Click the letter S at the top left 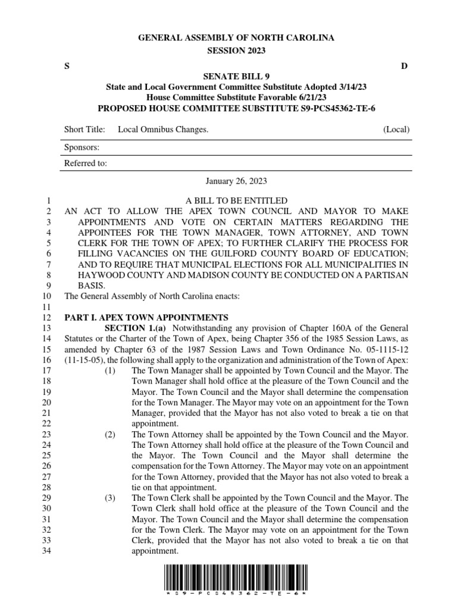point(66,65)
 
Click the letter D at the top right point(404,65)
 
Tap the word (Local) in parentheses point(396,130)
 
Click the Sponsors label point(82,147)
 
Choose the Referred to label point(86,164)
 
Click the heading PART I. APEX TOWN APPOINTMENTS point(146,318)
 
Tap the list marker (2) point(110,435)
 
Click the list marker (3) point(110,498)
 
